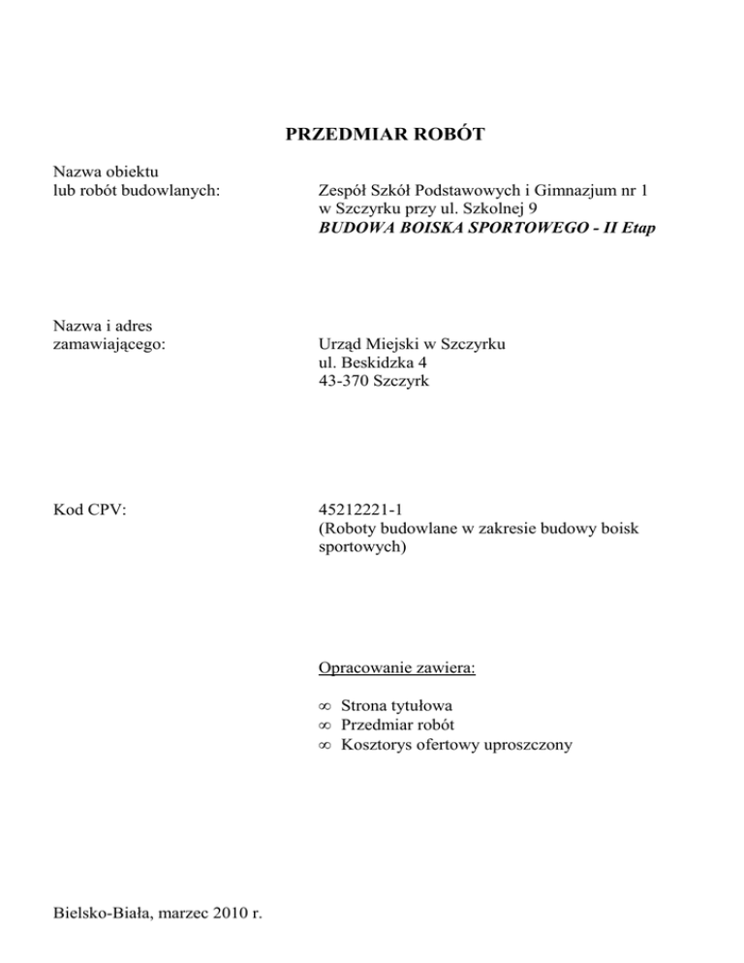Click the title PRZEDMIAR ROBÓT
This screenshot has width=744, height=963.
click(385, 135)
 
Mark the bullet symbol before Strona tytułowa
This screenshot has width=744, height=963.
click(325, 707)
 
